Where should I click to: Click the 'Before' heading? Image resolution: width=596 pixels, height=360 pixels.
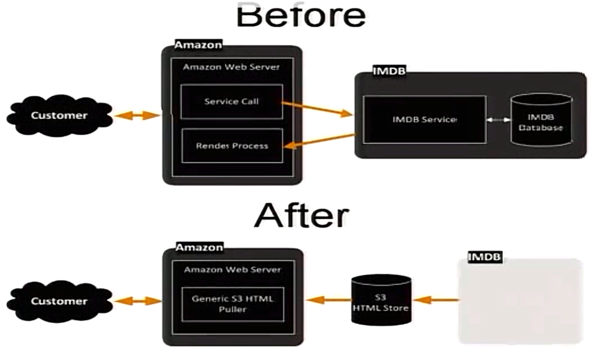click(x=301, y=16)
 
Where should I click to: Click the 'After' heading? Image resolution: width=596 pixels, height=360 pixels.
click(x=301, y=216)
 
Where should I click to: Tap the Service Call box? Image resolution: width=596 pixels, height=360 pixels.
click(x=231, y=102)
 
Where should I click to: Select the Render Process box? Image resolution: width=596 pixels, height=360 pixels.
click(x=232, y=146)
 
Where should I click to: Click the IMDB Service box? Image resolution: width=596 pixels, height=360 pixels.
click(x=424, y=120)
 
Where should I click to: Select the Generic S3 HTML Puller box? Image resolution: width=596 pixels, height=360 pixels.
click(x=233, y=304)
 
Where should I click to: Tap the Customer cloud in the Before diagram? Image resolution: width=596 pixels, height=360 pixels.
click(x=59, y=116)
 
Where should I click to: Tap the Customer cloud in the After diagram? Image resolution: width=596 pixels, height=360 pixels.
click(x=59, y=301)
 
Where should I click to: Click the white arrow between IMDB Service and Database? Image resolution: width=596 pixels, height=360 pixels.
click(x=498, y=120)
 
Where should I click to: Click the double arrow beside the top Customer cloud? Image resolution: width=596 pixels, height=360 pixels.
click(x=136, y=116)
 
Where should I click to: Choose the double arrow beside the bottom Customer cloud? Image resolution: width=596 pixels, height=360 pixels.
click(x=137, y=300)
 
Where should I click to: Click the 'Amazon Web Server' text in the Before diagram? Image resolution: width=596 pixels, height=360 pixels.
click(x=231, y=67)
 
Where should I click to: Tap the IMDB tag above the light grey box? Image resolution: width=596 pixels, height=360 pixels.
click(x=484, y=256)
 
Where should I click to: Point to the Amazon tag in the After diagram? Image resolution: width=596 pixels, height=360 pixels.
click(x=199, y=248)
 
